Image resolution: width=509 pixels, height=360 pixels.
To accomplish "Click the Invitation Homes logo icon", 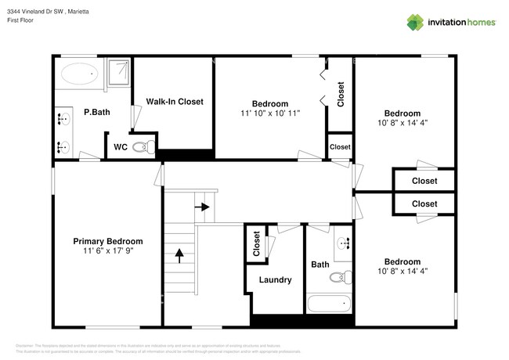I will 416,23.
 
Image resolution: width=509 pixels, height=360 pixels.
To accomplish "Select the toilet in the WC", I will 141,146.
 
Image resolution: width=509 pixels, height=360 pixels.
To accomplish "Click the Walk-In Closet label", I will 175,102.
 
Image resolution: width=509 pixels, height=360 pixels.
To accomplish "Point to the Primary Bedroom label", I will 108,241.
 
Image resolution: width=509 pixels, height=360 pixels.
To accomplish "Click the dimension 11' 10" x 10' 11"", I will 270,113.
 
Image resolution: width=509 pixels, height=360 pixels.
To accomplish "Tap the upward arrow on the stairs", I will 179,254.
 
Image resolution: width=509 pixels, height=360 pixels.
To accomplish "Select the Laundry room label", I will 275,279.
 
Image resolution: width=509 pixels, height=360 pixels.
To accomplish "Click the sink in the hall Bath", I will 343,243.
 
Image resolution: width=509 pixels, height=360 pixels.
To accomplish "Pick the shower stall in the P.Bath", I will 117,72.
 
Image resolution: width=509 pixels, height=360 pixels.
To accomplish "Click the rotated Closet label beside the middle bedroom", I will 341,95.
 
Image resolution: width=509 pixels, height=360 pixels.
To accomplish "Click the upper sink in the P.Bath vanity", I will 63,120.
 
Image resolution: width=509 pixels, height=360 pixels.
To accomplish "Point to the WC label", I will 121,146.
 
